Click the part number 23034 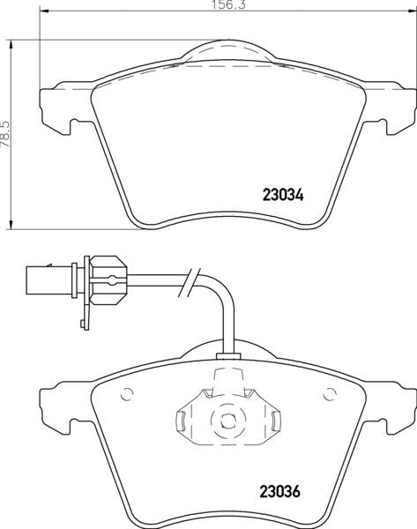tap(283, 195)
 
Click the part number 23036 tap(279, 491)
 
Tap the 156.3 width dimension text tap(228, 4)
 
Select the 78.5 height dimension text tap(6, 134)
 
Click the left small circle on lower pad tap(127, 394)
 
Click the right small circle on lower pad tap(330, 394)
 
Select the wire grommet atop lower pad tap(228, 356)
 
